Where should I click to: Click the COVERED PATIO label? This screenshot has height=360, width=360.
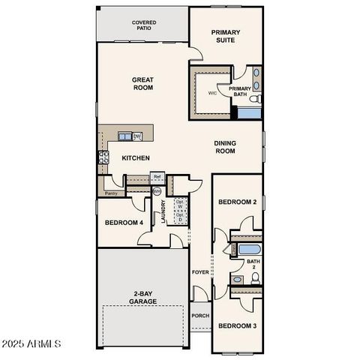pos(144,25)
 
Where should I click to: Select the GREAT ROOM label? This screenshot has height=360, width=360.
pos(142,83)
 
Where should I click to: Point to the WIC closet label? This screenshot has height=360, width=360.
pos(212,93)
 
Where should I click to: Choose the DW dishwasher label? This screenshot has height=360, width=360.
pos(137,136)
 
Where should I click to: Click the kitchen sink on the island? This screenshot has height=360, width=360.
pos(124,136)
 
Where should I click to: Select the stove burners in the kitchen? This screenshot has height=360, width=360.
pos(103,157)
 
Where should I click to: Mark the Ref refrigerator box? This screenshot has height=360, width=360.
pos(157,177)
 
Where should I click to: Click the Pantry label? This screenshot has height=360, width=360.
pos(111,193)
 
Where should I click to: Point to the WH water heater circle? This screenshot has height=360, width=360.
pos(157,191)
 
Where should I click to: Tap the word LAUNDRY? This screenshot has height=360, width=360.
pos(162,211)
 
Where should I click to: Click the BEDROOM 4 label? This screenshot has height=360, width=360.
pos(124,223)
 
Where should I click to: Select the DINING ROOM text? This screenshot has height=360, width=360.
pos(225,146)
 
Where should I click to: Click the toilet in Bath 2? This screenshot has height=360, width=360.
pos(255,278)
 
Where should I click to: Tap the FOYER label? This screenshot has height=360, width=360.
pos(199,272)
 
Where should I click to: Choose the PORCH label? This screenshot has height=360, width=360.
pos(200,316)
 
